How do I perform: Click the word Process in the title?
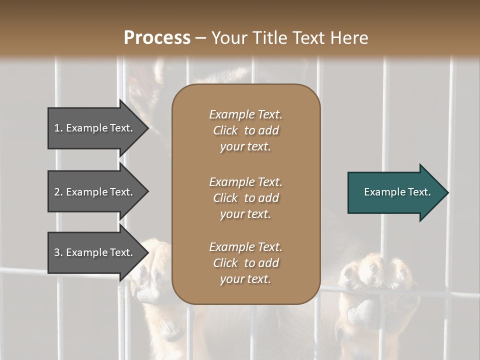click(157, 38)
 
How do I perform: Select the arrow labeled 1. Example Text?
click(95, 128)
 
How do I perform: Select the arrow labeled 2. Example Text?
click(95, 192)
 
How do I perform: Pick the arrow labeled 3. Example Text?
click(95, 252)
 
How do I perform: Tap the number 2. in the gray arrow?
click(58, 192)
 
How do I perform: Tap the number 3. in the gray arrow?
click(58, 252)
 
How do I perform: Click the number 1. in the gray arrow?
click(58, 128)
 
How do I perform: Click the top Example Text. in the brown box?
click(245, 114)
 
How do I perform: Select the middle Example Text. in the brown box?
click(245, 182)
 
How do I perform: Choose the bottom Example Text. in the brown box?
click(245, 247)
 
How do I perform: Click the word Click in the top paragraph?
click(225, 130)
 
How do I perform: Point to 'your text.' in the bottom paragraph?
click(245, 279)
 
